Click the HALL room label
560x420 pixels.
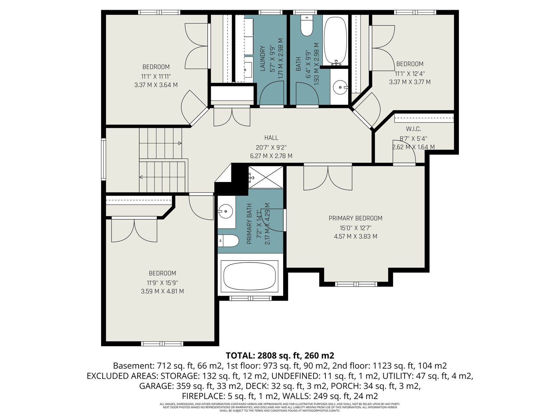271,138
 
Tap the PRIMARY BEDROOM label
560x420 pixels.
355,218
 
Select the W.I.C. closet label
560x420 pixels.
413,129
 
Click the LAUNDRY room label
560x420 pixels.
263,58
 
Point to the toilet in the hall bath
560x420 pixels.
307,25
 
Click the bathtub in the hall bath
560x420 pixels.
335,40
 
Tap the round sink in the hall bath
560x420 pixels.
340,87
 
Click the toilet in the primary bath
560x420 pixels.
228,241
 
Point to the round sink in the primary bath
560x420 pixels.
225,211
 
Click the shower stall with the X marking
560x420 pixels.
266,177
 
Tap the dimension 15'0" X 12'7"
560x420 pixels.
355,227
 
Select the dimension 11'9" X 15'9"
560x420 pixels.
162,282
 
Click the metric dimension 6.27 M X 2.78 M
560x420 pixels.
271,156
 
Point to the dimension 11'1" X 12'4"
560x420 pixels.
409,74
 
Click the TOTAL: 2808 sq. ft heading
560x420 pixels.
280,355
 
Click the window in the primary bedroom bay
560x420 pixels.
356,284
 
